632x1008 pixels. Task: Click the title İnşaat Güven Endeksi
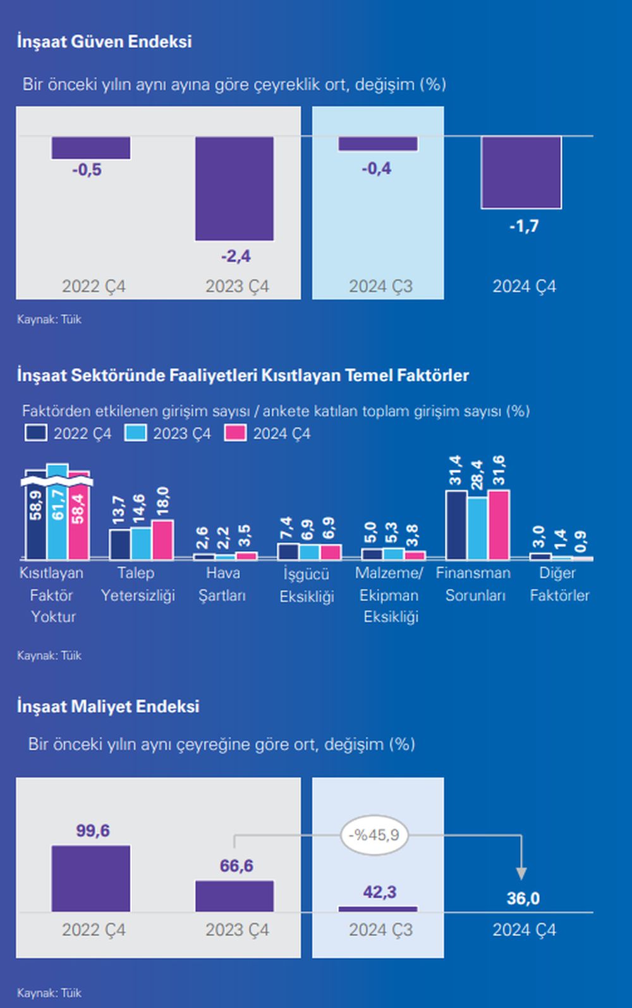click(104, 42)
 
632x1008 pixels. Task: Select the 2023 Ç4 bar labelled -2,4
click(234, 188)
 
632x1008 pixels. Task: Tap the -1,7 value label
click(524, 226)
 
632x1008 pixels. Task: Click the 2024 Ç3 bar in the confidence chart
click(378, 143)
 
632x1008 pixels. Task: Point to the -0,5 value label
click(87, 169)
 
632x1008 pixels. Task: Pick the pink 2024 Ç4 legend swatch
click(235, 433)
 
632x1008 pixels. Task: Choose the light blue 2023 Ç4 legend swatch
click(135, 433)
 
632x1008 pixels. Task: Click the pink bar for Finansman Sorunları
click(499, 525)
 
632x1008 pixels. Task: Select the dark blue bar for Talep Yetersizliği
click(119, 544)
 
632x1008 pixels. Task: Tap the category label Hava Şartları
click(222, 584)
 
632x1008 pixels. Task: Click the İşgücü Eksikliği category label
click(307, 585)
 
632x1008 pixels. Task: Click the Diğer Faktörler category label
click(559, 584)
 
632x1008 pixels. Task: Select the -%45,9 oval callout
click(375, 835)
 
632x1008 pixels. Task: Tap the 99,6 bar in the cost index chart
click(91, 878)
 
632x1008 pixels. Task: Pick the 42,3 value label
click(379, 892)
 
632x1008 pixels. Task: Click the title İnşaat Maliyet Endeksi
click(108, 706)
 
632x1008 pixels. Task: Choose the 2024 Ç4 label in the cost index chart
click(524, 930)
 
